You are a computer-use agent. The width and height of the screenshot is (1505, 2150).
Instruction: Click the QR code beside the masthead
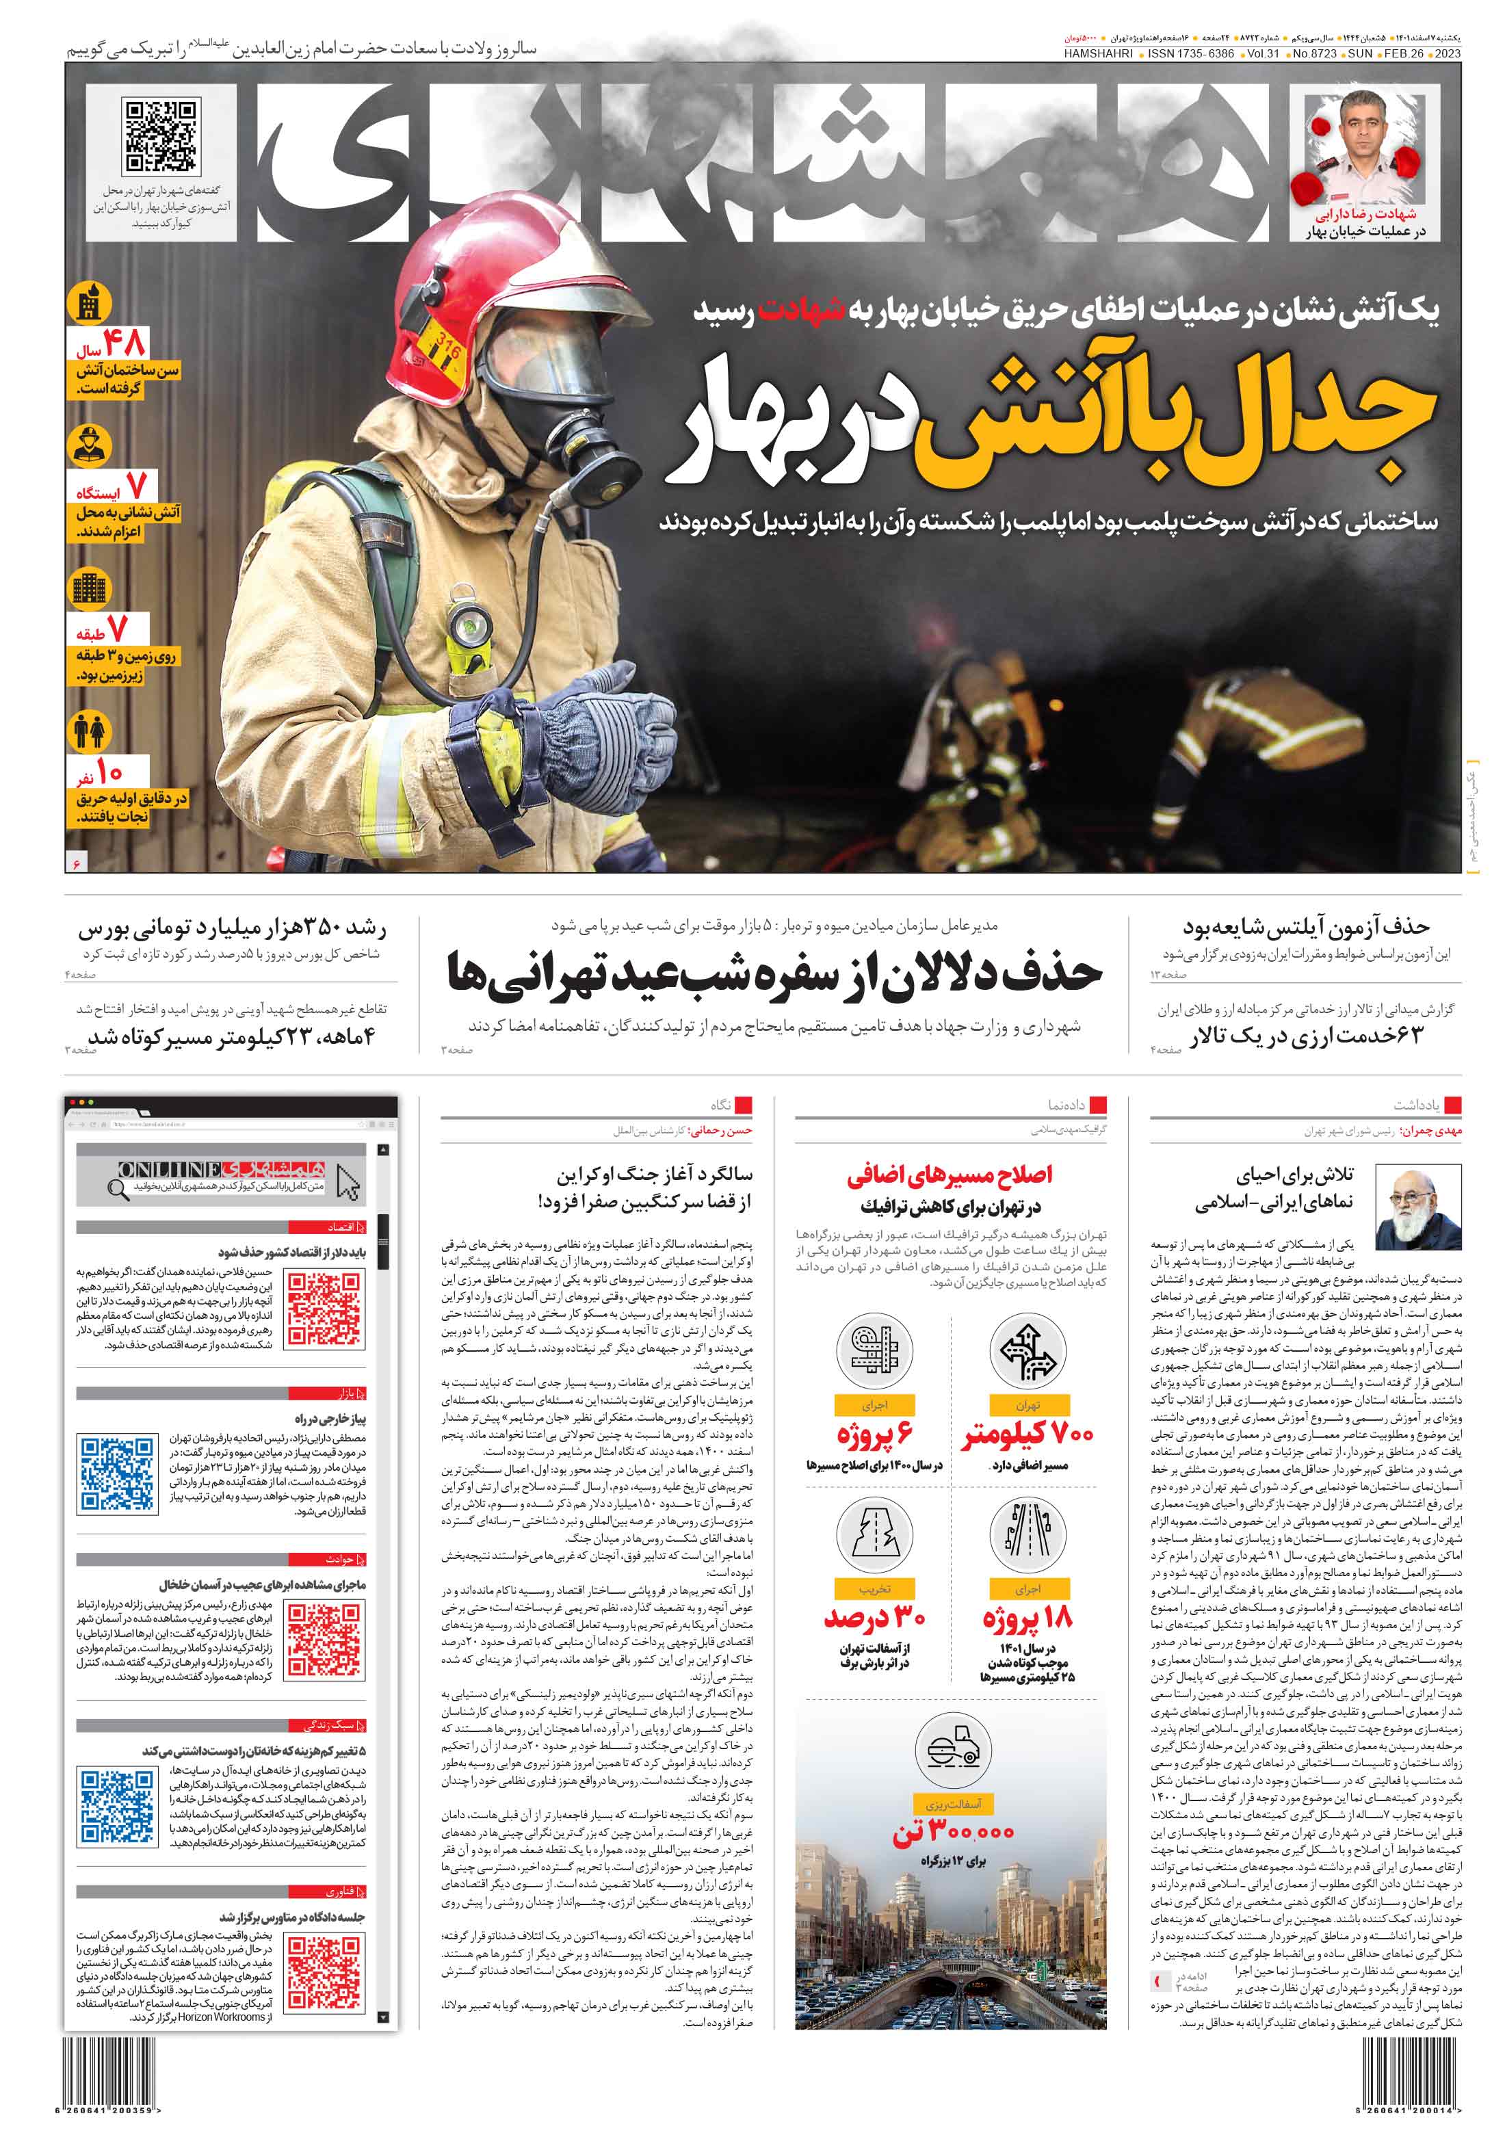point(160,137)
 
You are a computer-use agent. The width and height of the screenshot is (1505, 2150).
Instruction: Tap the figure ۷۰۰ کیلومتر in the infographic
point(1028,1434)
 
